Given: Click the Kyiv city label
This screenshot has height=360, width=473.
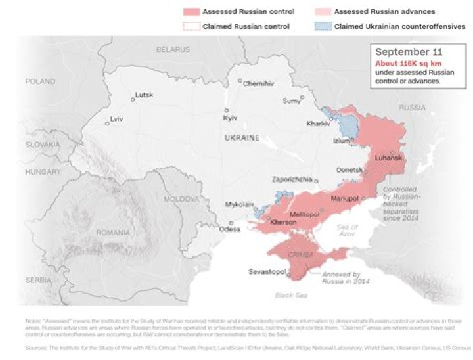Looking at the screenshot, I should pyautogui.click(x=230, y=117).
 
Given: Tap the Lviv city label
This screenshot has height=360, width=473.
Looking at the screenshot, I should pyautogui.click(x=116, y=119).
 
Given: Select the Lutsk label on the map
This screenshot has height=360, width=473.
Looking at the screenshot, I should pyautogui.click(x=143, y=95).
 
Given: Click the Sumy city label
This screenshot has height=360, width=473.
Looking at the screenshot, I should pyautogui.click(x=291, y=101).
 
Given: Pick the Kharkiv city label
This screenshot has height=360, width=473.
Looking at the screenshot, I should pyautogui.click(x=318, y=124).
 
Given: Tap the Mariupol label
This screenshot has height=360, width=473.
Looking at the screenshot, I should pyautogui.click(x=343, y=198).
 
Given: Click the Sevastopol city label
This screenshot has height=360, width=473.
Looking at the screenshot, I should pyautogui.click(x=267, y=271).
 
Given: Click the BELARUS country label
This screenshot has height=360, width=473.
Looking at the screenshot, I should pyautogui.click(x=173, y=49).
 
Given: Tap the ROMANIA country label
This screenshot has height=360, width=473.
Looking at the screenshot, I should pyautogui.click(x=112, y=233).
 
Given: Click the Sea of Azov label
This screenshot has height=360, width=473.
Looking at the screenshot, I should pyautogui.click(x=348, y=230).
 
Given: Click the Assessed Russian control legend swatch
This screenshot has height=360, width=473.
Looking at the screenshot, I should pyautogui.click(x=190, y=12).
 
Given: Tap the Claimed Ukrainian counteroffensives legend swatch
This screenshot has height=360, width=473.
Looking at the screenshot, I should pyautogui.click(x=321, y=26).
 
